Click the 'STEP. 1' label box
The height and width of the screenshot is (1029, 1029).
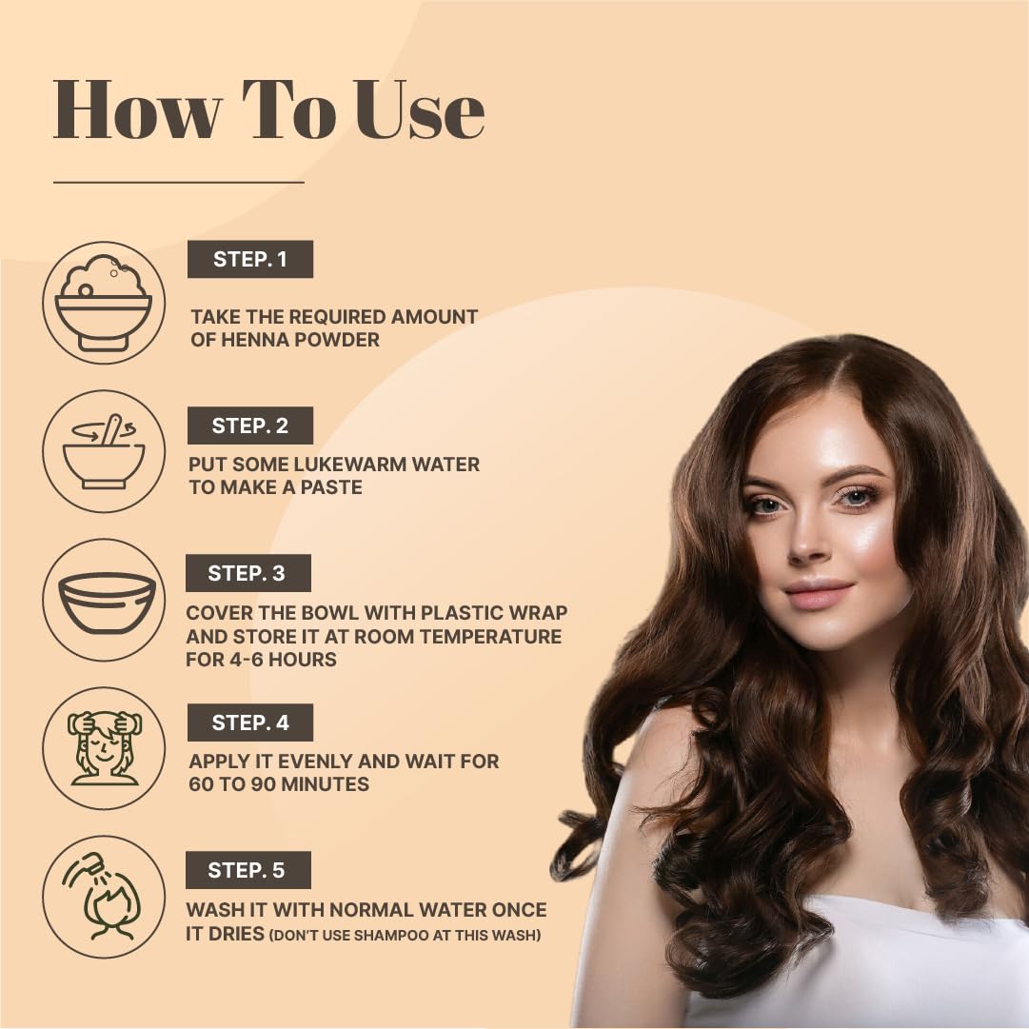(x=250, y=259)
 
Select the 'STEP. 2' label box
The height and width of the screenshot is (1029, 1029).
(x=250, y=425)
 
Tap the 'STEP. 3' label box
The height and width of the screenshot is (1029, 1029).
(x=248, y=573)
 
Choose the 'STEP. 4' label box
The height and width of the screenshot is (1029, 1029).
(x=250, y=722)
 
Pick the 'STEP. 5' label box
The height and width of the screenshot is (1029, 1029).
(x=248, y=870)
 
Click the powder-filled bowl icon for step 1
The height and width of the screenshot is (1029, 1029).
(x=104, y=303)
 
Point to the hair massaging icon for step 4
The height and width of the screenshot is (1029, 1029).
(x=104, y=748)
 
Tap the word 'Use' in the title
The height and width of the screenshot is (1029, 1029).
(x=420, y=109)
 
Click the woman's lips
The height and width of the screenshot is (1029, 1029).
(x=819, y=594)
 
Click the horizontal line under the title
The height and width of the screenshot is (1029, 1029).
(x=179, y=182)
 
